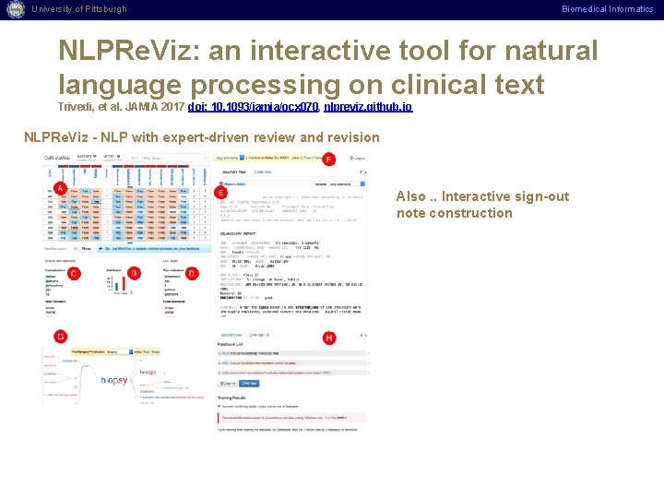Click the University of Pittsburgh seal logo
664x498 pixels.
(14, 9)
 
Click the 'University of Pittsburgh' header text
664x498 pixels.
(79, 9)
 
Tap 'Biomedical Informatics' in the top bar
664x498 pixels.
(608, 9)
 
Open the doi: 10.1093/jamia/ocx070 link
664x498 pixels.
(254, 107)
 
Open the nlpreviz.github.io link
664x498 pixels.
(368, 107)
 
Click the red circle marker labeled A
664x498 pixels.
(60, 188)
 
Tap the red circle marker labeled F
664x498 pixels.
(329, 160)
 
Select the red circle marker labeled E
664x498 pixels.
(219, 191)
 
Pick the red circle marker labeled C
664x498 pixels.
(74, 274)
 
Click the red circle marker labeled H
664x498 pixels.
(329, 338)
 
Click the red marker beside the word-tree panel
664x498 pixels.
(60, 337)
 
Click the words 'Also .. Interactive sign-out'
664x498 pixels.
(469, 196)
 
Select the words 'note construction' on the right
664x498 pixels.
(442, 213)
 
